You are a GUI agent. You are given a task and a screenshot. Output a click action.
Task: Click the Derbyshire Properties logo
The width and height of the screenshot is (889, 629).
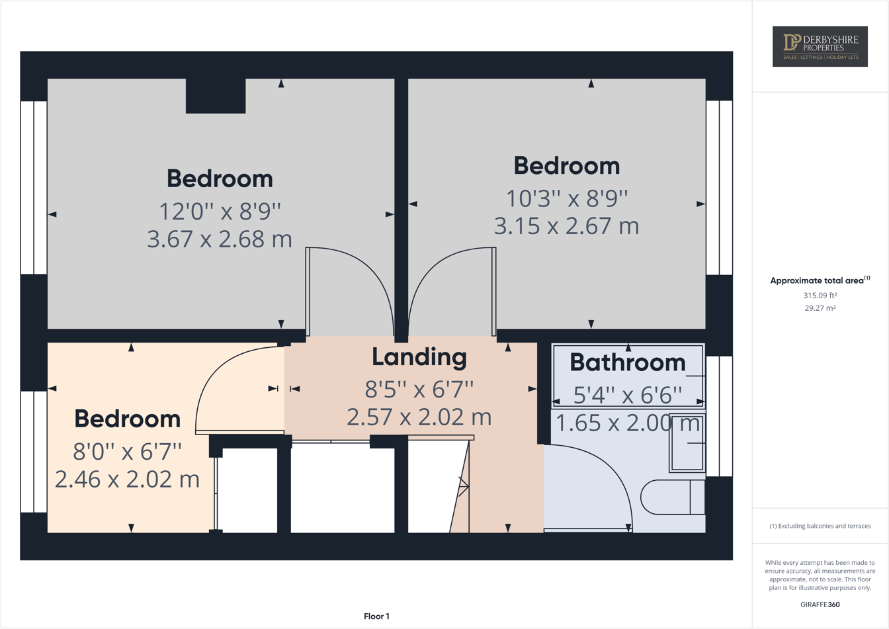pos(820,46)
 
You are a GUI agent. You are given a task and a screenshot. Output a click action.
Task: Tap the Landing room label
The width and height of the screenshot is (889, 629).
pos(419,357)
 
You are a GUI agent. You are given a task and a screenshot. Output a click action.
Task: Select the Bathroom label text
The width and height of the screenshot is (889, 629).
pos(627,362)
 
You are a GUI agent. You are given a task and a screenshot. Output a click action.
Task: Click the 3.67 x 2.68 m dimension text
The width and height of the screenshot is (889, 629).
pos(219,239)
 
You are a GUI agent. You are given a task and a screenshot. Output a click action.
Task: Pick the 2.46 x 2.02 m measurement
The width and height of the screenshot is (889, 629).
pos(127,479)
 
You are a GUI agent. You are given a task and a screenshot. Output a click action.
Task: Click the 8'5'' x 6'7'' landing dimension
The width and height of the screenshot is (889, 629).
pos(419,390)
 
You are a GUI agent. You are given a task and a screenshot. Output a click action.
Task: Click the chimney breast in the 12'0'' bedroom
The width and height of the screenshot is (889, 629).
pos(216,96)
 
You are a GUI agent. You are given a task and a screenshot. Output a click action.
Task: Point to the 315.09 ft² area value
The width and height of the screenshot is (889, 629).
pos(820,296)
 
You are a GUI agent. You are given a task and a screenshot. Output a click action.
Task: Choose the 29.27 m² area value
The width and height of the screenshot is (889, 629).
pos(820,308)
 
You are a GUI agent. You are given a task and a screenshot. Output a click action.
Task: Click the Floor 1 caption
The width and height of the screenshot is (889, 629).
pos(376,616)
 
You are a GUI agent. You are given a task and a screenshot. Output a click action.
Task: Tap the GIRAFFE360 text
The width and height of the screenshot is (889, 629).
pos(820,605)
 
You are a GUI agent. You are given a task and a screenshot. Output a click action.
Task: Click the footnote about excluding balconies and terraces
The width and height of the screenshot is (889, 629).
pos(820,526)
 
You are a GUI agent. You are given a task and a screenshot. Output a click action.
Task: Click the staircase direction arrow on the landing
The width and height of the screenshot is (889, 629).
pos(464,486)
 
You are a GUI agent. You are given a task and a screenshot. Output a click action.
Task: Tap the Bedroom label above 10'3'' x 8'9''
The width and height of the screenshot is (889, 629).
pos(566,165)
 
